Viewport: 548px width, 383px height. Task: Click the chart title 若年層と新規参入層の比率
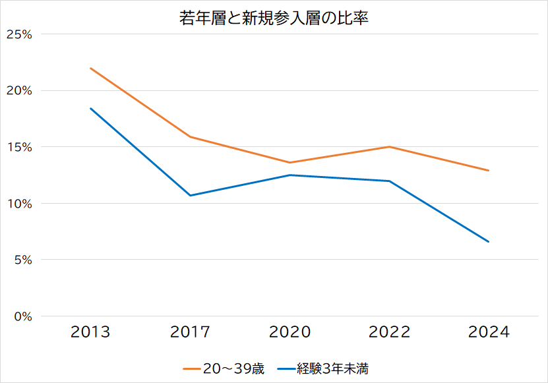click(x=274, y=18)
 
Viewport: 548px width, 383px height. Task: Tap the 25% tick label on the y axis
click(x=19, y=34)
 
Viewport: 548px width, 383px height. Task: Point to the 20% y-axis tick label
click(x=19, y=91)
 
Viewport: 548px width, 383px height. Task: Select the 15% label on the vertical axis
click(x=20, y=147)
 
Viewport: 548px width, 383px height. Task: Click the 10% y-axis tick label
click(x=20, y=204)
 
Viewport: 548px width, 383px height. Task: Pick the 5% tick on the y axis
click(x=23, y=260)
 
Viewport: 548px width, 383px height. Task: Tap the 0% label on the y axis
click(x=23, y=316)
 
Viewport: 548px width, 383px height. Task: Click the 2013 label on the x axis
click(x=90, y=332)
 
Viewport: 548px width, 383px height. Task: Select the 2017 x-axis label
click(x=190, y=332)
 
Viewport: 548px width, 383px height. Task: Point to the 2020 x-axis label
click(x=289, y=332)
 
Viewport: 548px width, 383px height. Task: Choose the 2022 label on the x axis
click(x=389, y=332)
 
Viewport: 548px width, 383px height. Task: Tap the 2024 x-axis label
click(x=489, y=332)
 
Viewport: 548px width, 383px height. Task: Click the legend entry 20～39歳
click(x=224, y=368)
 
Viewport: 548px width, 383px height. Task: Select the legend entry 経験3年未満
click(x=323, y=368)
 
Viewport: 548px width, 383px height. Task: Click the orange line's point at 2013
click(x=90, y=68)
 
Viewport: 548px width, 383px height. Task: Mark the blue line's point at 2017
click(x=190, y=195)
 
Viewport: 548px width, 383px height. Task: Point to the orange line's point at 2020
click(x=289, y=163)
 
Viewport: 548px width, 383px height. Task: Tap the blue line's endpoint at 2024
click(x=489, y=241)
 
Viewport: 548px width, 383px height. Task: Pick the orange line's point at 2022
click(x=389, y=147)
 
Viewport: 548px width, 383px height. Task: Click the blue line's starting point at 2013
click(x=90, y=108)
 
